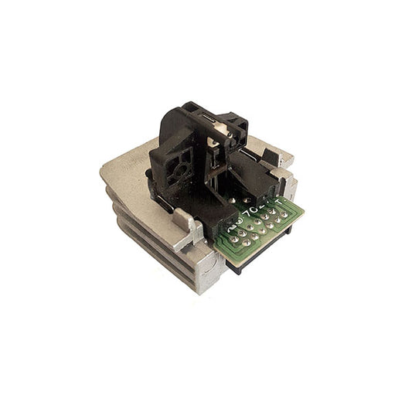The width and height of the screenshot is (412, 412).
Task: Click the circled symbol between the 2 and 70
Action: click(x=243, y=213)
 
